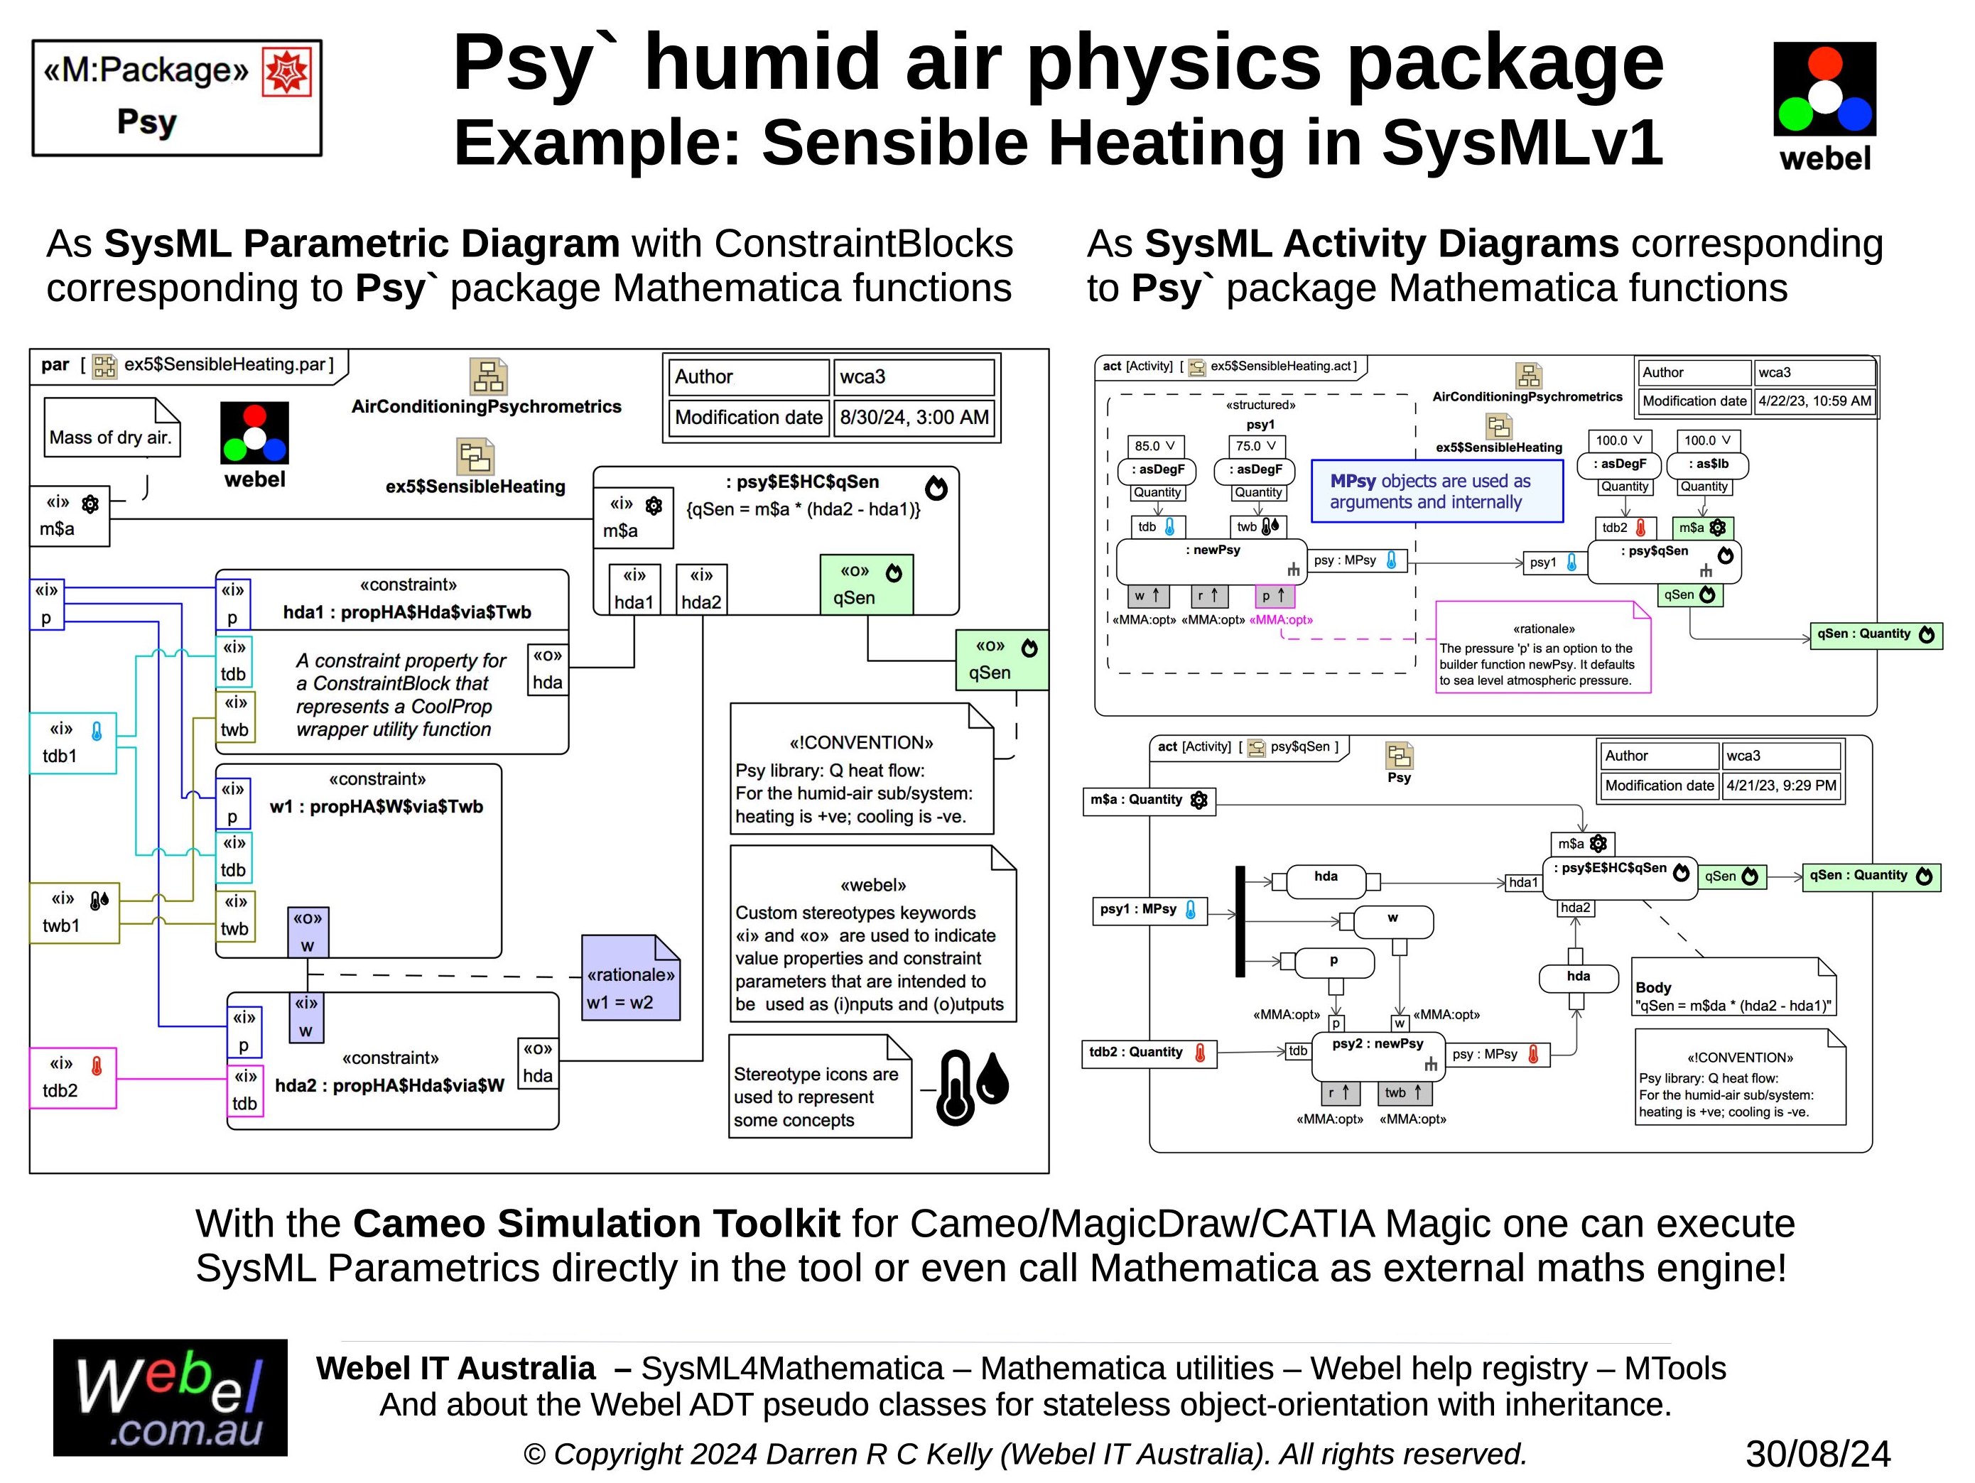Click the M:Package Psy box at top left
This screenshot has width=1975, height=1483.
pos(176,97)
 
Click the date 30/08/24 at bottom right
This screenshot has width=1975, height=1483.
pos(1817,1454)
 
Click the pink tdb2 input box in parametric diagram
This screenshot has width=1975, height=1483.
pos(73,1077)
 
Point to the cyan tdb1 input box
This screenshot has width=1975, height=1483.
pos(73,743)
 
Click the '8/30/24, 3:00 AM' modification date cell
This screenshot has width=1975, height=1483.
pos(914,418)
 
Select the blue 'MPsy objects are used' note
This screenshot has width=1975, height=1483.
pos(1436,491)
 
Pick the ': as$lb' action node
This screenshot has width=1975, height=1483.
pos(1708,465)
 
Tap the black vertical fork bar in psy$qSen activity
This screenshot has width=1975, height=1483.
pos(1240,921)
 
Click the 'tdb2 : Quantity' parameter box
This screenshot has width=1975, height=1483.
pos(1147,1053)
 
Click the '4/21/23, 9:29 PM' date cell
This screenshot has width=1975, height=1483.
pos(1780,786)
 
